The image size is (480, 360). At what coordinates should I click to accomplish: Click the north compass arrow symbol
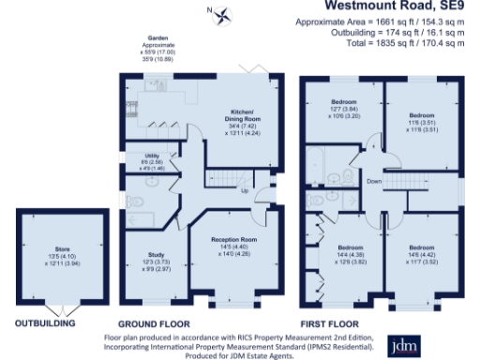pyautogui.click(x=223, y=14)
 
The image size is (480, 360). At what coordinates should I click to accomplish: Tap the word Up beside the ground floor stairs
pyautogui.click(x=245, y=191)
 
